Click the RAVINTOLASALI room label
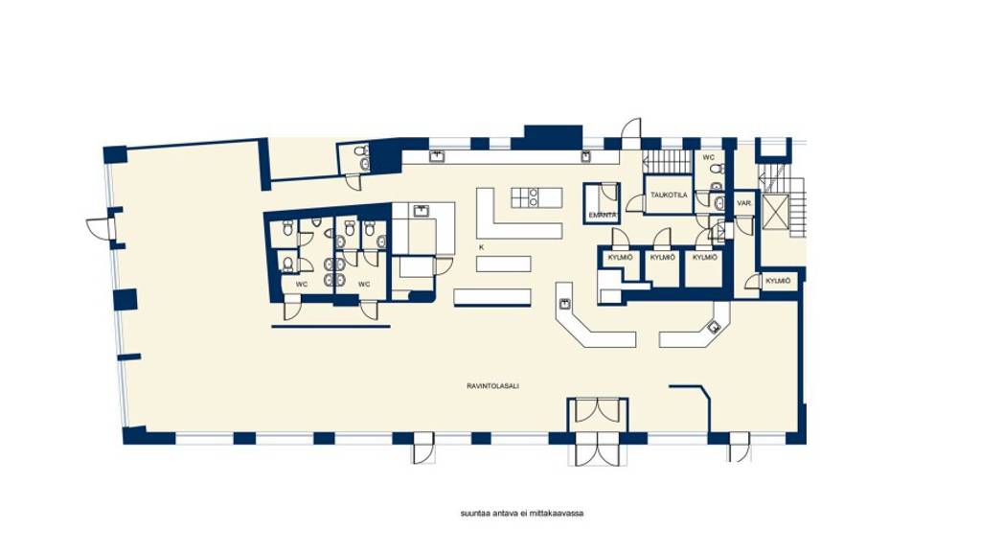(486, 386)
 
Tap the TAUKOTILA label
(668, 195)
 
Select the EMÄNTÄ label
(602, 215)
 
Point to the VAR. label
(743, 203)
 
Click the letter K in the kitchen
(481, 247)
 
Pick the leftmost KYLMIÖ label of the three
(619, 257)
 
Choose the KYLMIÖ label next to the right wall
(779, 281)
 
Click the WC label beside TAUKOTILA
(708, 157)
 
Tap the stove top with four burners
(524, 197)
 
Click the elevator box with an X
(774, 212)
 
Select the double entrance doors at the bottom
(598, 448)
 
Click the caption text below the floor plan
(522, 513)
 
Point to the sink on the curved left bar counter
(566, 304)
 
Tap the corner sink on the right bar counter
(713, 327)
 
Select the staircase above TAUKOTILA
(666, 161)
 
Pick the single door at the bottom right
(739, 447)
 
